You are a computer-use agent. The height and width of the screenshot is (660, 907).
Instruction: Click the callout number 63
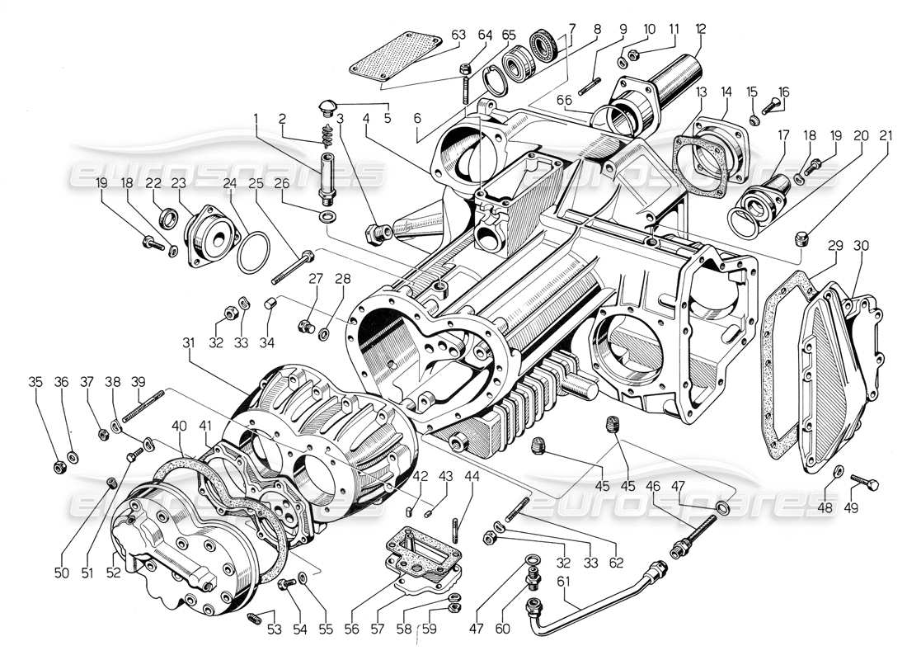[458, 35]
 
